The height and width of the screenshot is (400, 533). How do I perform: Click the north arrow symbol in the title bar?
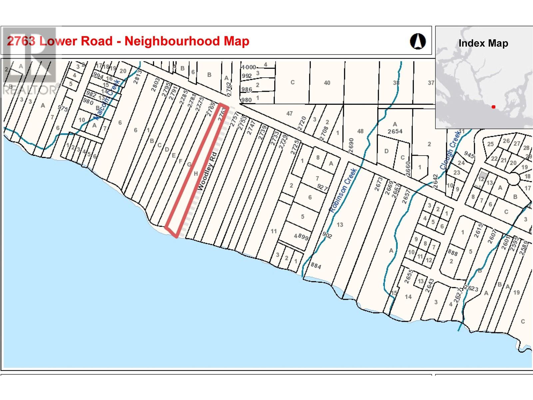click(418, 41)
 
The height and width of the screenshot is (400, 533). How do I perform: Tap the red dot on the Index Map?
click(493, 107)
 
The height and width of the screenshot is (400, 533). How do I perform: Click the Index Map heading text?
click(483, 43)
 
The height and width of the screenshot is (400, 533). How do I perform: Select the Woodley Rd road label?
click(207, 171)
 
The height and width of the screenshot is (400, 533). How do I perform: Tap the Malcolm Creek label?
click(107, 99)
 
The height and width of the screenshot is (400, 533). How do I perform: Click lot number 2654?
click(395, 131)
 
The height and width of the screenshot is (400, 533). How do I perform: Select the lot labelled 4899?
click(301, 237)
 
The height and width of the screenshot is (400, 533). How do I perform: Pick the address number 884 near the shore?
click(315, 266)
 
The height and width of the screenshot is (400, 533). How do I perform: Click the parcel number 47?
click(289, 113)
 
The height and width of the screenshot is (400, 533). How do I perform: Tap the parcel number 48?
click(360, 131)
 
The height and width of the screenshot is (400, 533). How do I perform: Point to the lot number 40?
click(327, 83)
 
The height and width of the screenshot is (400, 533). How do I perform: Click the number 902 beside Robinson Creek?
click(327, 235)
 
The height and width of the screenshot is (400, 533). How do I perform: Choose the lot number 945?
click(469, 155)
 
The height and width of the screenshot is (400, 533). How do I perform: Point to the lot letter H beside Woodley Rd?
click(196, 173)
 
